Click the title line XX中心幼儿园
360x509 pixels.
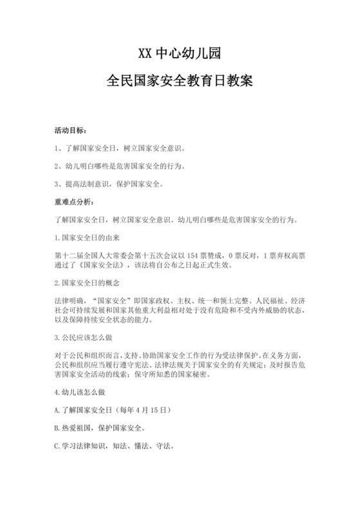(180, 51)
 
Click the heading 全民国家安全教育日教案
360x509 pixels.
(180, 82)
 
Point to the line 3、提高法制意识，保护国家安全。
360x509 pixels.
(109, 184)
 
